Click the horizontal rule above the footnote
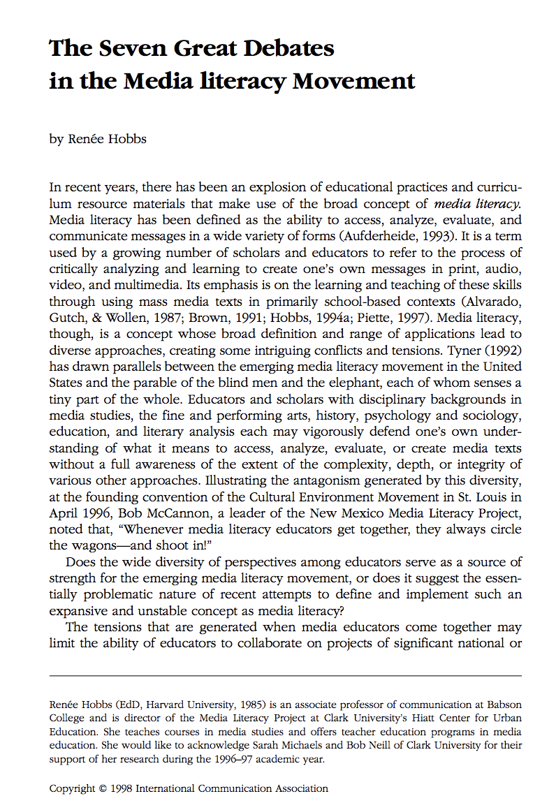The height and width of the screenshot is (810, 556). point(285,675)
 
